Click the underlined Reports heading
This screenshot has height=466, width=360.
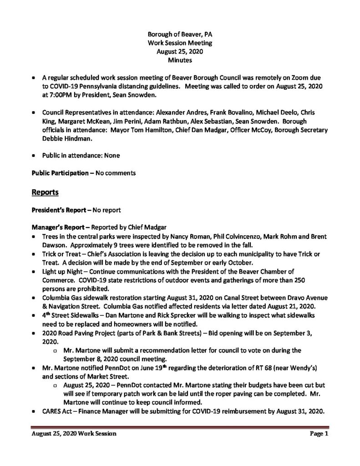point(45,192)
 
